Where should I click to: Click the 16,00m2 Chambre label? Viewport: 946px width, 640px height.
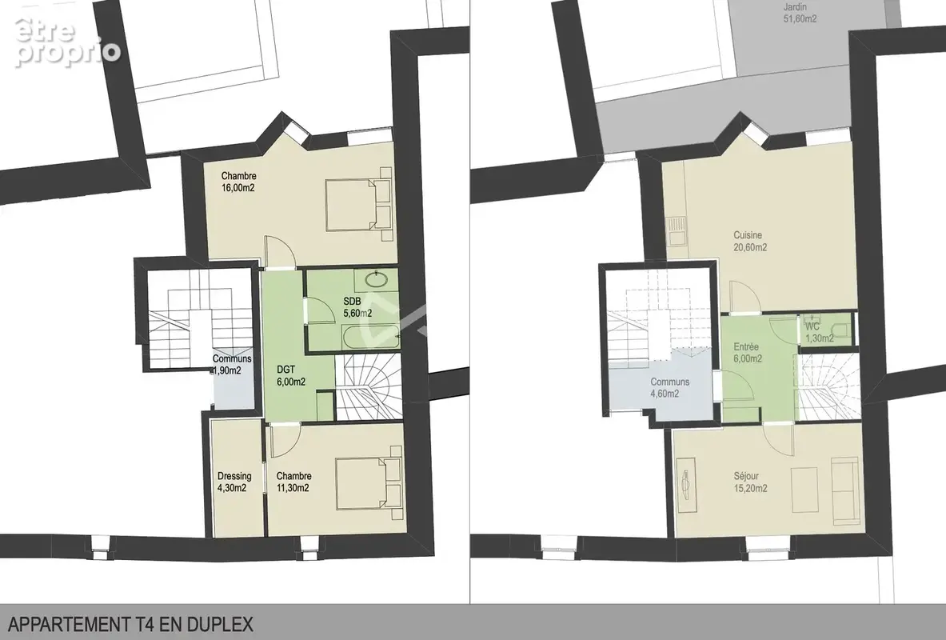[x=239, y=182]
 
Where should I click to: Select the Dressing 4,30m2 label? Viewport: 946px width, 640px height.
[x=234, y=482]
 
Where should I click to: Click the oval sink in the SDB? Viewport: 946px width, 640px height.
[x=378, y=279]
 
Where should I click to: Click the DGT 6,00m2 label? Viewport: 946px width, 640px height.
[x=291, y=375]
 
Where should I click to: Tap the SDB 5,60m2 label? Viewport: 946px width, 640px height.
[x=357, y=307]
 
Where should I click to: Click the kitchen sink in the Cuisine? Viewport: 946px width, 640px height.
[x=677, y=230]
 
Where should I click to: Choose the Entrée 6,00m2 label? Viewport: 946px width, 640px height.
[x=747, y=353]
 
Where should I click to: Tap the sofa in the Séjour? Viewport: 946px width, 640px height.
[x=844, y=490]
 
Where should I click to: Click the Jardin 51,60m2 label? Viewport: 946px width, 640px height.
[x=800, y=13]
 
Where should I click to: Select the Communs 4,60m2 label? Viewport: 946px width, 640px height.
[x=669, y=388]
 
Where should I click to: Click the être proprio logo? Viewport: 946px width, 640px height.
[x=66, y=41]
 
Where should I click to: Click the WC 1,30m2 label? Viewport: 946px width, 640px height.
[x=820, y=332]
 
